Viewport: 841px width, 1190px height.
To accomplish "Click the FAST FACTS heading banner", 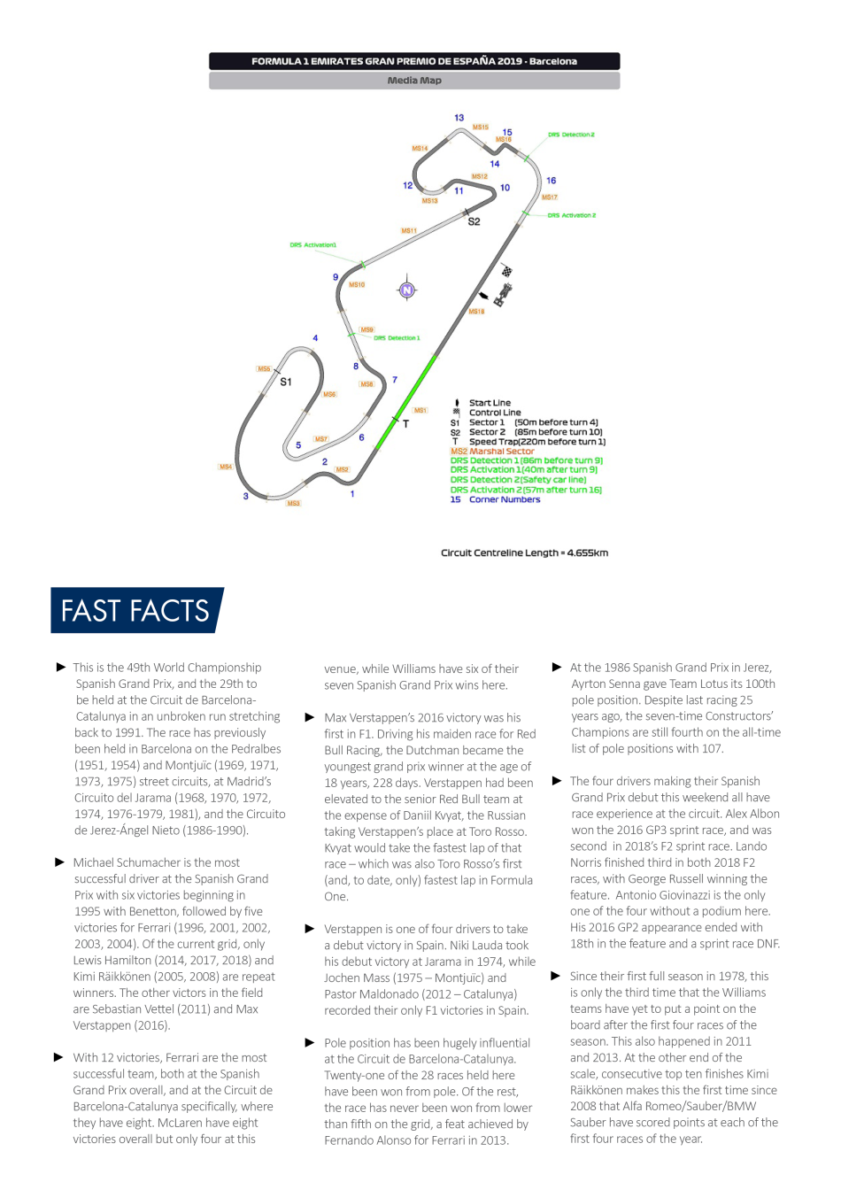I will pos(136,610).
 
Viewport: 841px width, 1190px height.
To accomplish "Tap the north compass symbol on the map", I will pos(407,290).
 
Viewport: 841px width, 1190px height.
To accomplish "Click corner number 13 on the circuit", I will pos(459,117).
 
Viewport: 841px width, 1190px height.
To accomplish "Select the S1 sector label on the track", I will pos(285,382).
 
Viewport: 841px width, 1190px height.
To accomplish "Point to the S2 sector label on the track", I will pos(474,221).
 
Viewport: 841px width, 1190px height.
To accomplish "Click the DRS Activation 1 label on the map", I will pos(312,244).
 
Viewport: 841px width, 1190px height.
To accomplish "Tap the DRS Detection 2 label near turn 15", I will pos(571,135).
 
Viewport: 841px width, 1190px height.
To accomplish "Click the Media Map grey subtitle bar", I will pos(414,81).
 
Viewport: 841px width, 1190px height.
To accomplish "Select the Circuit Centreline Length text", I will pos(524,552).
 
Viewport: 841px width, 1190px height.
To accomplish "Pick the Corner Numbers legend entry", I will pos(504,499).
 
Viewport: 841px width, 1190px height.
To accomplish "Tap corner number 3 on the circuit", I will pos(245,496).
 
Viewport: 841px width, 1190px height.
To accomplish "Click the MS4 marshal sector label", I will pos(226,466).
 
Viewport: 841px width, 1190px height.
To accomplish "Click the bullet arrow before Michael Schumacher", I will pos(60,862).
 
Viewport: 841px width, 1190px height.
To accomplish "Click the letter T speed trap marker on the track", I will pos(405,424).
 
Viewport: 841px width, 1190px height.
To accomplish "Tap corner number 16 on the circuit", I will pos(551,180).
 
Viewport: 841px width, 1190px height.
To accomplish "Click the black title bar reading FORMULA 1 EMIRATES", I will pos(414,61).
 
